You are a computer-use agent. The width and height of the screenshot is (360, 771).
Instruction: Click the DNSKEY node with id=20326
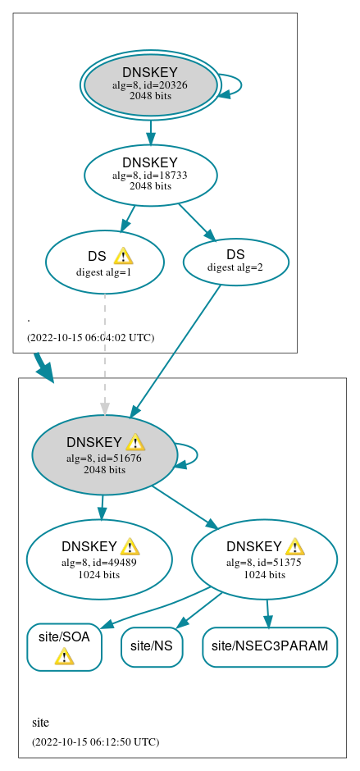point(150,85)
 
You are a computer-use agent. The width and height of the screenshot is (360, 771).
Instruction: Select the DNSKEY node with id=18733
point(150,175)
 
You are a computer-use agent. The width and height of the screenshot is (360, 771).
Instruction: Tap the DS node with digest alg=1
point(104,262)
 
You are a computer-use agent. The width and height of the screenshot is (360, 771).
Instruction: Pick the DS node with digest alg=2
point(235,262)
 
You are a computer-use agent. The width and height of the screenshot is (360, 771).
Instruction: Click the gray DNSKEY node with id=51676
point(104,455)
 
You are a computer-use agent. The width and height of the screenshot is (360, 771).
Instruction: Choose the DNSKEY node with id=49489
point(98,559)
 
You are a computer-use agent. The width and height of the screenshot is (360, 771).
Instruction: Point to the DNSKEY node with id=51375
point(264,559)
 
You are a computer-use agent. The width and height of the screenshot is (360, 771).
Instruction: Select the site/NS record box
point(151,646)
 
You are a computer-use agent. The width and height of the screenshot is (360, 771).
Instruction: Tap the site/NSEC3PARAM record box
point(270,646)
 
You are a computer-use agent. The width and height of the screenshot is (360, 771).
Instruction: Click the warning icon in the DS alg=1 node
point(123,256)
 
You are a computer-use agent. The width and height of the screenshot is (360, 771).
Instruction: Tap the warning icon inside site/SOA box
point(64,656)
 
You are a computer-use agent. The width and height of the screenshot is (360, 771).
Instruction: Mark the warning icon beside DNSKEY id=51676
point(135,443)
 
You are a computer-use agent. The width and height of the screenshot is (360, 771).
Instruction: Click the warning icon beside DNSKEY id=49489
point(130,547)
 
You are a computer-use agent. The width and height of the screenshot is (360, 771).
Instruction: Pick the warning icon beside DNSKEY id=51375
point(295,547)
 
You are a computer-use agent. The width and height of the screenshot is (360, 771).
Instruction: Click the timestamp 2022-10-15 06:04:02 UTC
point(90,337)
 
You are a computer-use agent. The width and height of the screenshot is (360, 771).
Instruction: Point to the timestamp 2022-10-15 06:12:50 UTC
point(95,741)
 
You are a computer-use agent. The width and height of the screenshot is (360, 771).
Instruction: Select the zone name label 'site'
point(40,723)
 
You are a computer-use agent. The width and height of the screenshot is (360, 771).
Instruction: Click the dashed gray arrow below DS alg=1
point(104,353)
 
